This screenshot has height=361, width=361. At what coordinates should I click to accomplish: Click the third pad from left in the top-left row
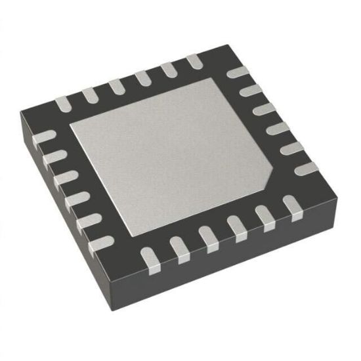pos(117,86)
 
